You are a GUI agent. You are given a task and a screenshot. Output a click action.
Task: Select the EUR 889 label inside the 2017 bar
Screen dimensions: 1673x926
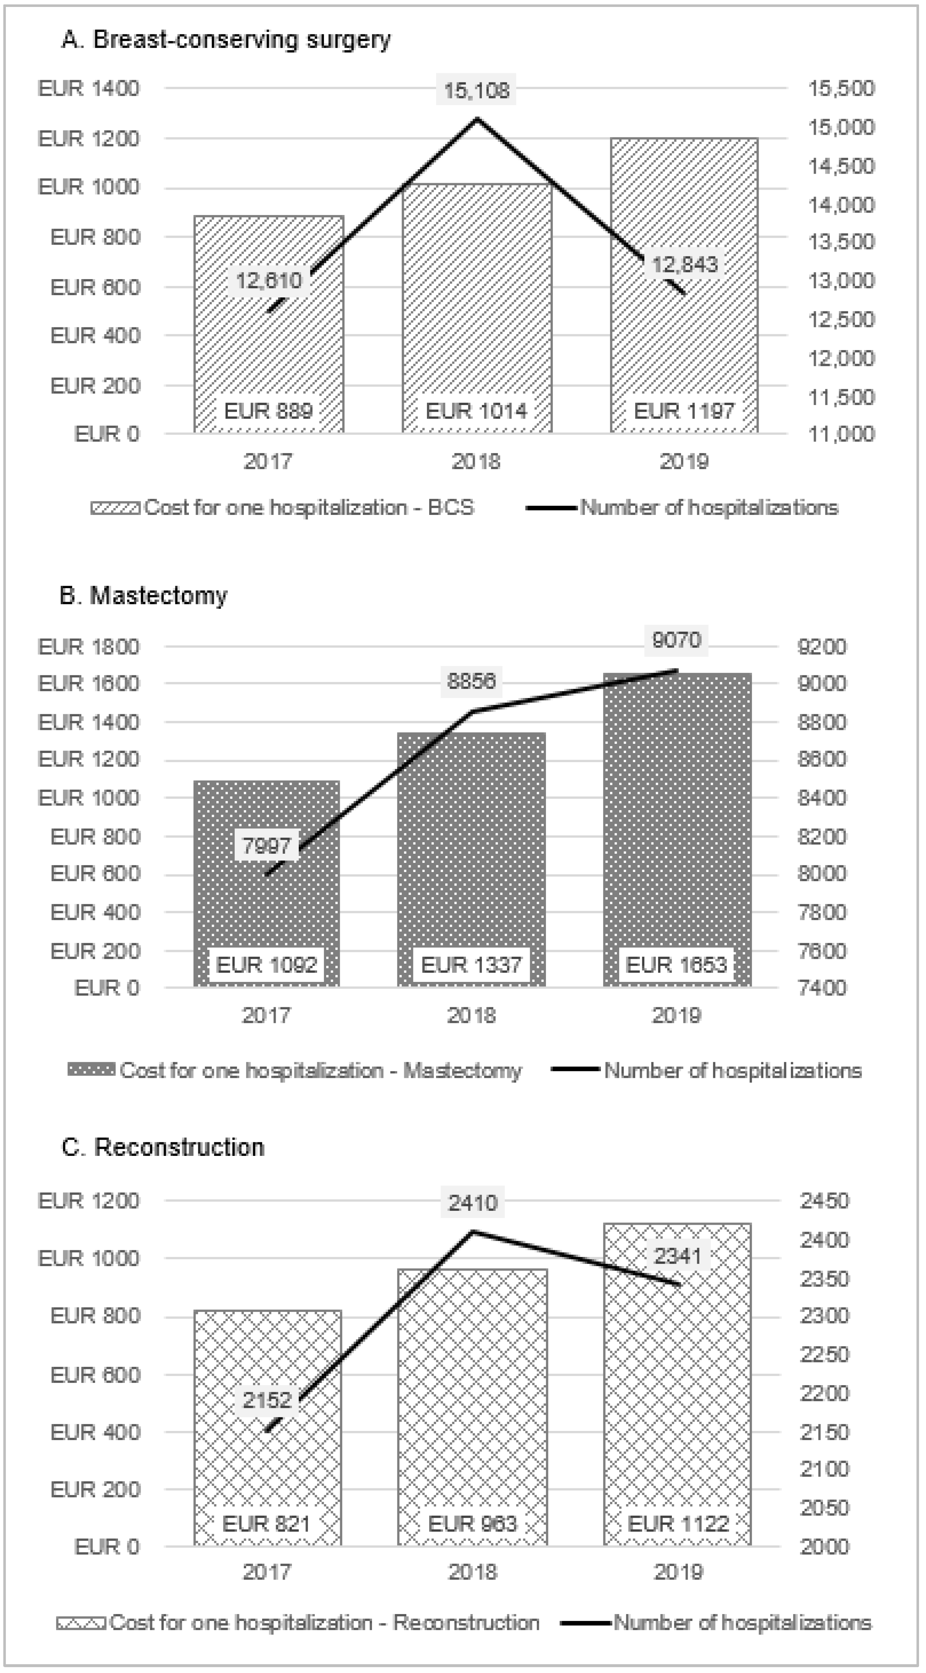click(x=268, y=411)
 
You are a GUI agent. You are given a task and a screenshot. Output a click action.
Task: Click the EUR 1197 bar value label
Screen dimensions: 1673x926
click(x=684, y=411)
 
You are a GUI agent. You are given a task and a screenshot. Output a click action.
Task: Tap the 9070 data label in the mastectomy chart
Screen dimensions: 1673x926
click(x=677, y=640)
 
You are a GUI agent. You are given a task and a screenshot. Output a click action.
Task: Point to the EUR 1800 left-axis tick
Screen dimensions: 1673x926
click(x=89, y=647)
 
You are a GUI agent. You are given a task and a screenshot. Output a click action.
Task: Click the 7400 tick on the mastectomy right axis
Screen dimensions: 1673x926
click(x=822, y=988)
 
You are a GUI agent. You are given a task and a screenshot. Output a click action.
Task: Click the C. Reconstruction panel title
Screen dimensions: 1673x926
click(x=163, y=1147)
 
